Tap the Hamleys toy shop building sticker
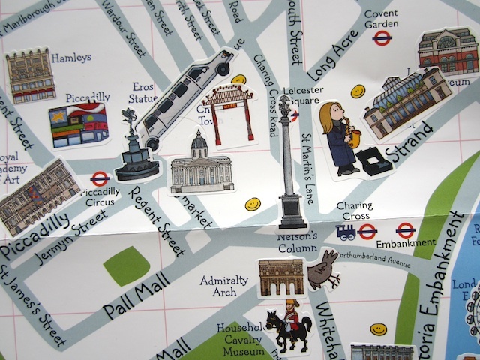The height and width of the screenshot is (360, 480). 31,76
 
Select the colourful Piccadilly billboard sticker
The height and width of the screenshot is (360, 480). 78,125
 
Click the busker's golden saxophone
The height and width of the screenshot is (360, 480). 352,138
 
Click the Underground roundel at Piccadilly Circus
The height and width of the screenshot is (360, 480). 99,179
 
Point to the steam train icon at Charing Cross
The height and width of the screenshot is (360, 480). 346,232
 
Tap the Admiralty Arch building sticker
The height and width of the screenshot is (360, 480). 280,277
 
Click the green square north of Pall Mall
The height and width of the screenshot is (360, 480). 126,265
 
